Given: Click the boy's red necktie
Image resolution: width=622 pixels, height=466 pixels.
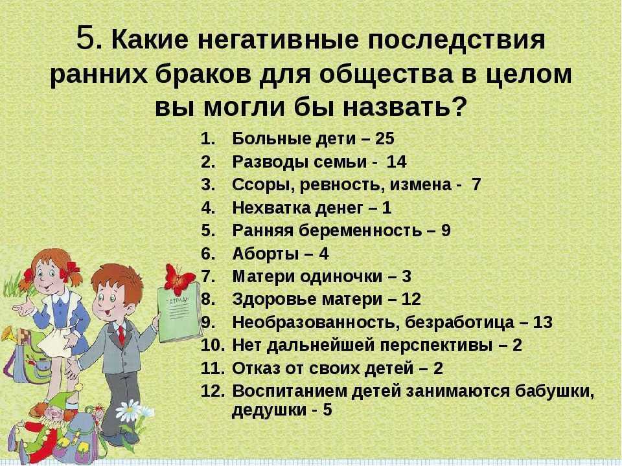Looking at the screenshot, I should (x=122, y=335).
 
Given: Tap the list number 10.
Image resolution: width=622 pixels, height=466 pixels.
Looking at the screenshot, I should (x=212, y=345).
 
